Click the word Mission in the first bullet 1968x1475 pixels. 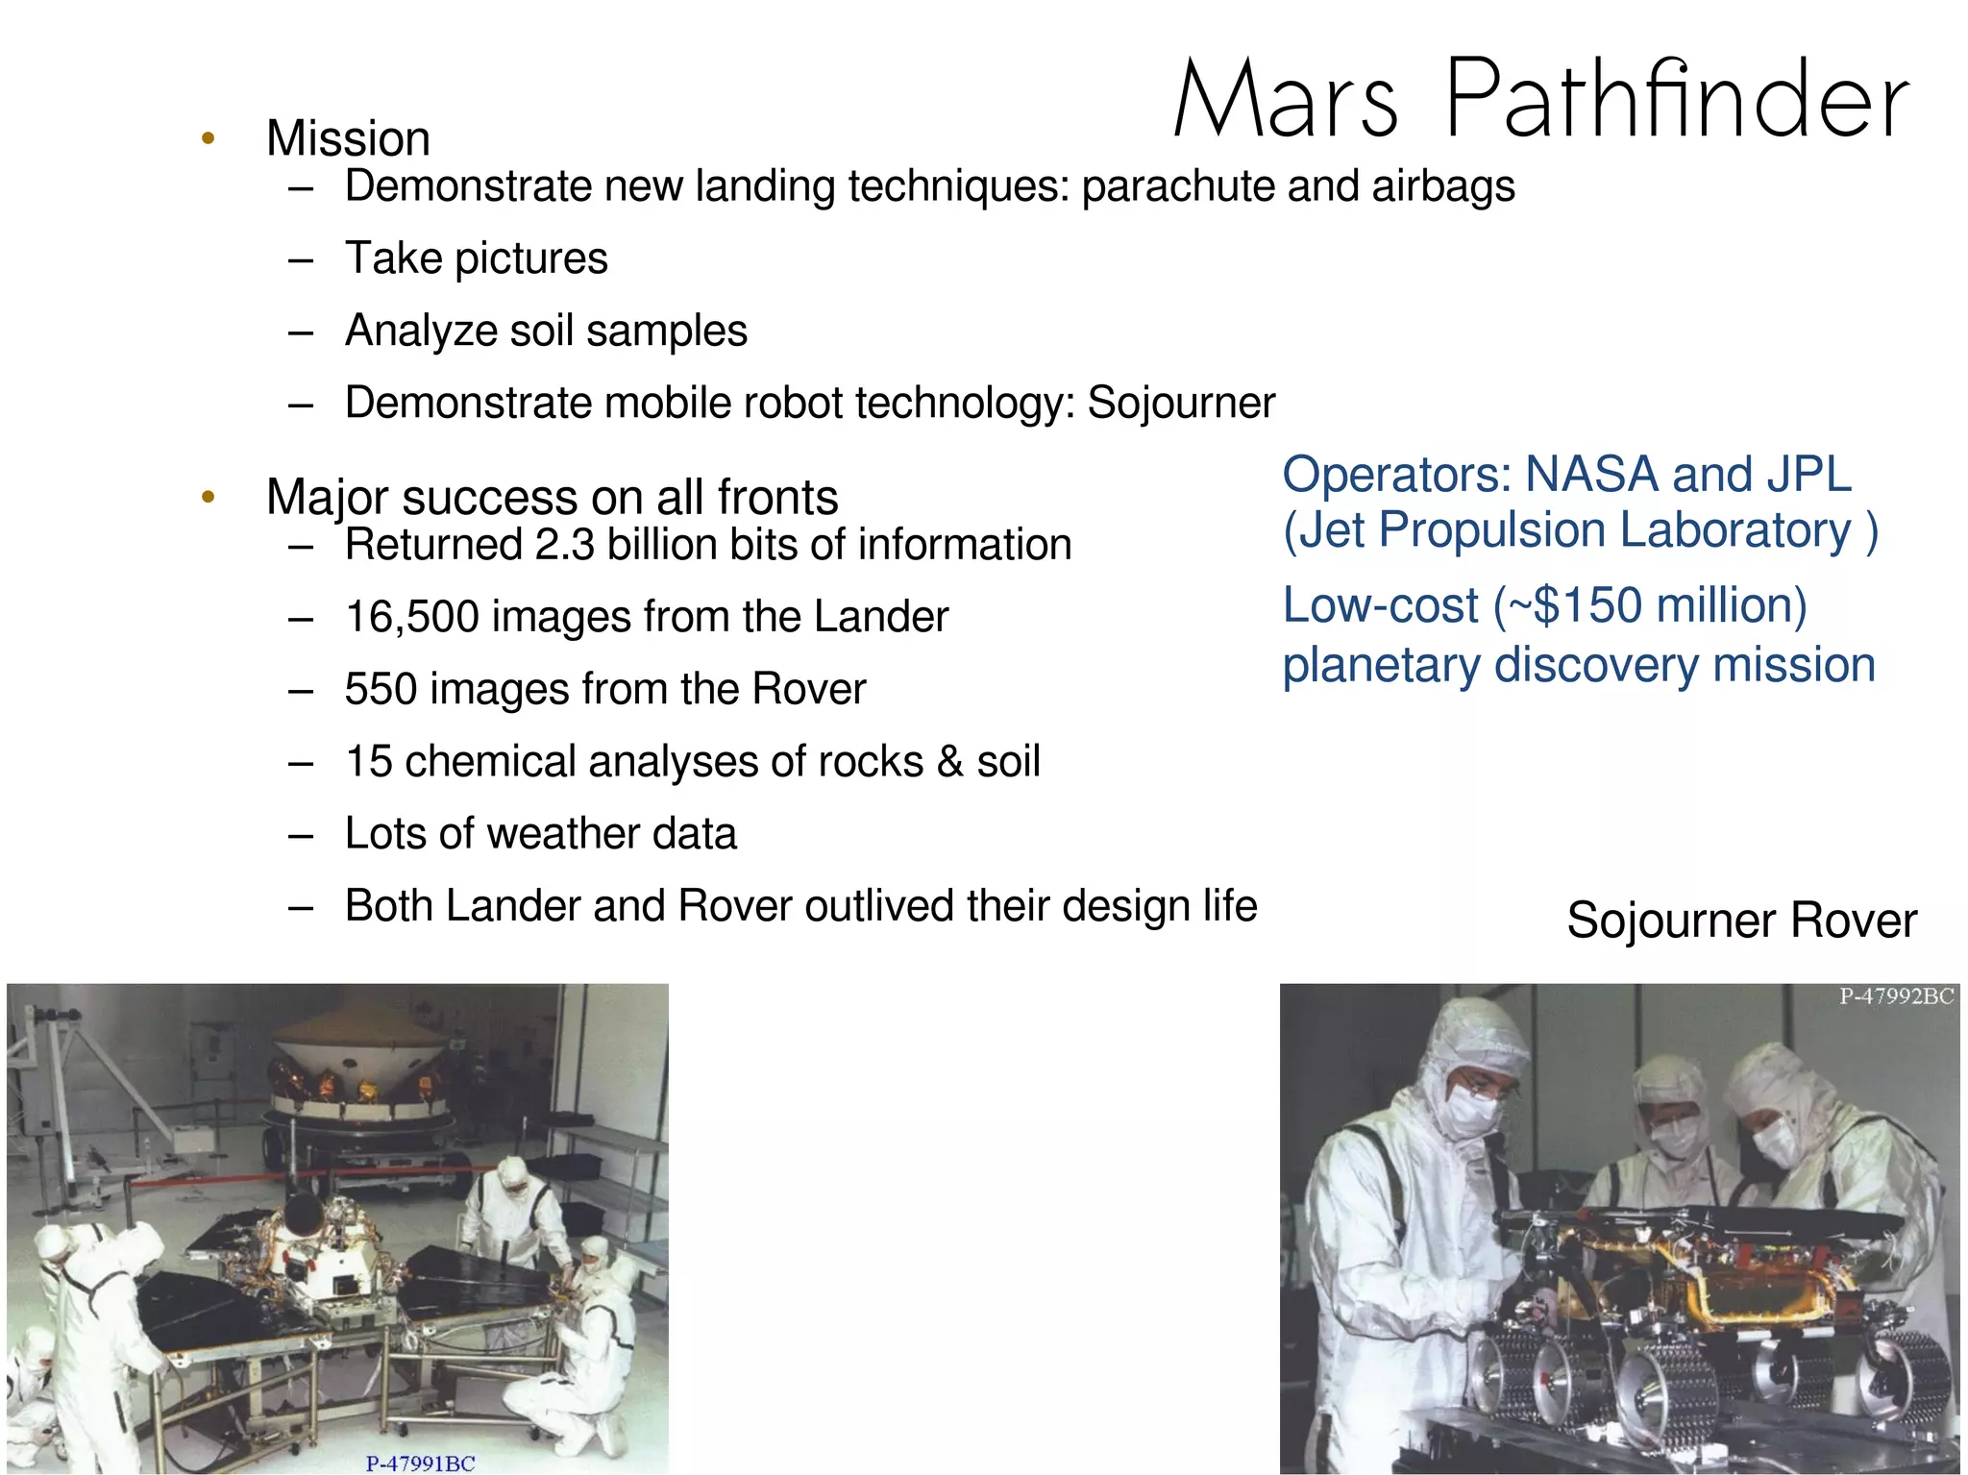pos(348,138)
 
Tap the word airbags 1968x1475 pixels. pos(1443,185)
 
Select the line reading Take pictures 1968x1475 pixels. pos(476,258)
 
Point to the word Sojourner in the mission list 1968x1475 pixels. pos(1181,403)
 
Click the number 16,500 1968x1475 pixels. pos(411,617)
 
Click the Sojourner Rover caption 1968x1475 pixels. pos(1741,921)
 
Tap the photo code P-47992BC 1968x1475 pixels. pos(1896,996)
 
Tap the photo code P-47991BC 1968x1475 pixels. pos(420,1463)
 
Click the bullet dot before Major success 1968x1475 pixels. pos(208,497)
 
